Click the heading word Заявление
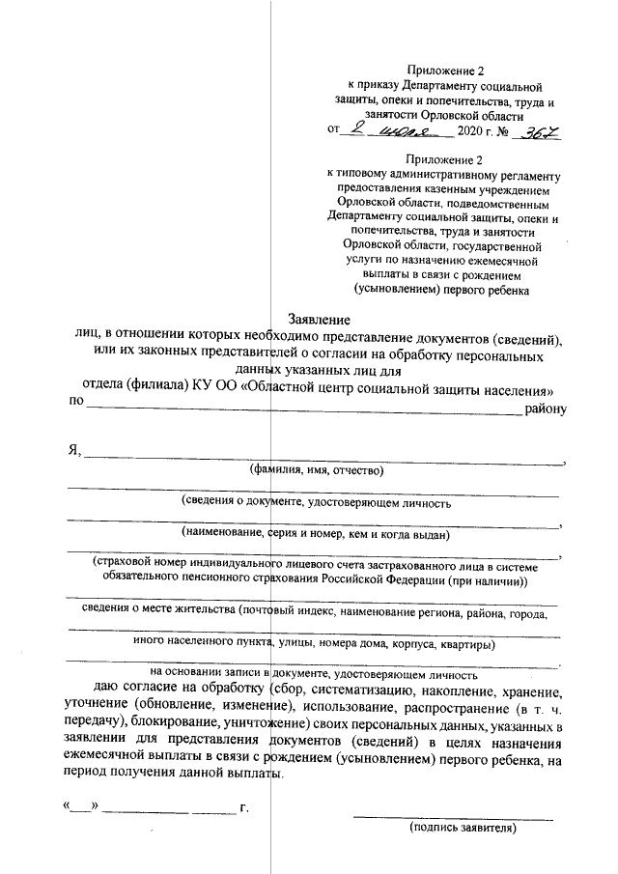pyautogui.click(x=320, y=320)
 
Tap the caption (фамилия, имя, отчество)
pyautogui.click(x=317, y=471)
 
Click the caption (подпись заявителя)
pyautogui.click(x=463, y=828)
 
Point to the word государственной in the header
pyautogui.click(x=493, y=246)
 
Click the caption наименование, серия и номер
pyautogui.click(x=266, y=533)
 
